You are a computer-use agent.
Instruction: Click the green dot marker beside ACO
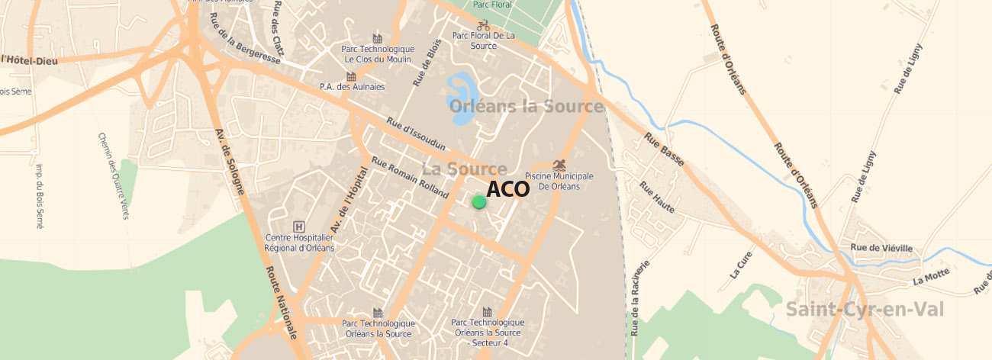[x=478, y=202]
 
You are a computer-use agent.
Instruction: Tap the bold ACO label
[x=507, y=189]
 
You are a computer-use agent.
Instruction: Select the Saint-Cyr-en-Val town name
[x=865, y=310]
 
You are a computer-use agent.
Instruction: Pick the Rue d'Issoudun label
[x=416, y=133]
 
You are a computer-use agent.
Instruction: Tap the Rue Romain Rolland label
[x=409, y=177]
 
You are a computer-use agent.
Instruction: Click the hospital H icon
[x=299, y=227]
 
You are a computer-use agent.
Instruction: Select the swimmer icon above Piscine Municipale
[x=560, y=165]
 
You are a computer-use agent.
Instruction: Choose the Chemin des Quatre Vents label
[x=112, y=175]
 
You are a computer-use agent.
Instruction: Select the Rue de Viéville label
[x=881, y=248]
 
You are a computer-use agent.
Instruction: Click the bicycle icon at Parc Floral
[x=482, y=25]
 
